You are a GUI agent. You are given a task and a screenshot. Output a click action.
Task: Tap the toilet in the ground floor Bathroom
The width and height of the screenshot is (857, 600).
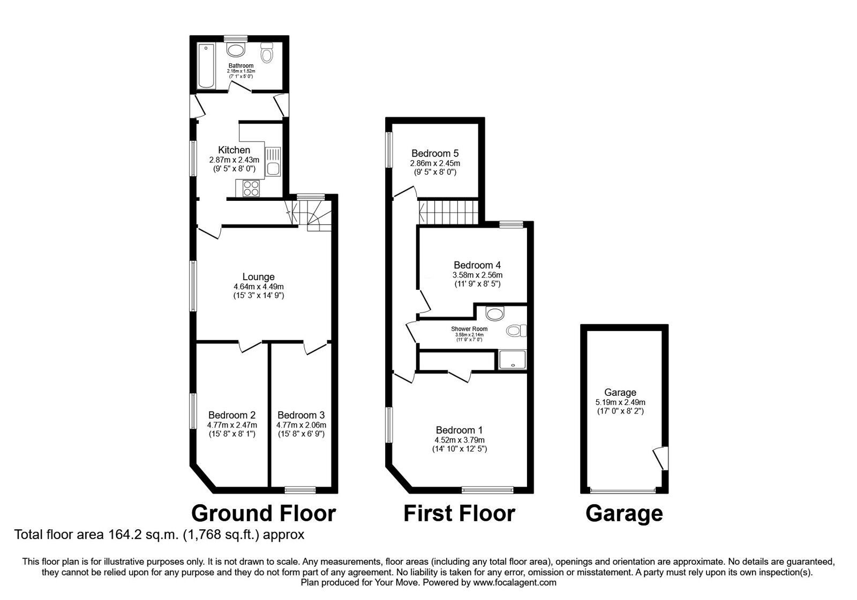tap(267, 54)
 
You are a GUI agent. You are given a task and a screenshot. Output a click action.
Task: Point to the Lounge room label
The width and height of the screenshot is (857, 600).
tap(258, 277)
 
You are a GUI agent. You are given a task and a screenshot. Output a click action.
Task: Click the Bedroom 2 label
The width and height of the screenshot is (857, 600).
tap(231, 415)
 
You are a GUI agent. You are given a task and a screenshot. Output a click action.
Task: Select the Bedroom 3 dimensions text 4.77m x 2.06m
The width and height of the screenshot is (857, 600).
tap(301, 425)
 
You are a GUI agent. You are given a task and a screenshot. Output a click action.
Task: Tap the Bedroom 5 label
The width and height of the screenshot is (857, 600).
tap(435, 153)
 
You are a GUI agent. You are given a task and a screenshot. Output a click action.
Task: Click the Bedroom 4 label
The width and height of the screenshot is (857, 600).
tap(477, 265)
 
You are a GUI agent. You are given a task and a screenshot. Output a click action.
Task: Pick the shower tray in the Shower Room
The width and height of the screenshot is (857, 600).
tap(513, 360)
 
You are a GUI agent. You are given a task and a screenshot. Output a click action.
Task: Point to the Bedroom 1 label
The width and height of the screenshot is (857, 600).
tap(459, 430)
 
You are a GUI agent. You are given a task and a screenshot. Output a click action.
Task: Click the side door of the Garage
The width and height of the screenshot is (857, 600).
tap(660, 459)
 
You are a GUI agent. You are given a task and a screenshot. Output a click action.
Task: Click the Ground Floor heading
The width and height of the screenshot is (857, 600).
tap(264, 513)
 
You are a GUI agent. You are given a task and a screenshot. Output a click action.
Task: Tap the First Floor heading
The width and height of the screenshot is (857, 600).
tap(459, 513)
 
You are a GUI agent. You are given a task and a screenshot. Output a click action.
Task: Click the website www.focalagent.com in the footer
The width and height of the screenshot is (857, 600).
tap(515, 582)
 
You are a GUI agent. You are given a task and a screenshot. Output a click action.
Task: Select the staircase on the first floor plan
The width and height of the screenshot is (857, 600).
tap(448, 212)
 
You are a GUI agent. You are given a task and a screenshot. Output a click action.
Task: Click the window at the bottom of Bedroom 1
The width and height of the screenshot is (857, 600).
tap(487, 489)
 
